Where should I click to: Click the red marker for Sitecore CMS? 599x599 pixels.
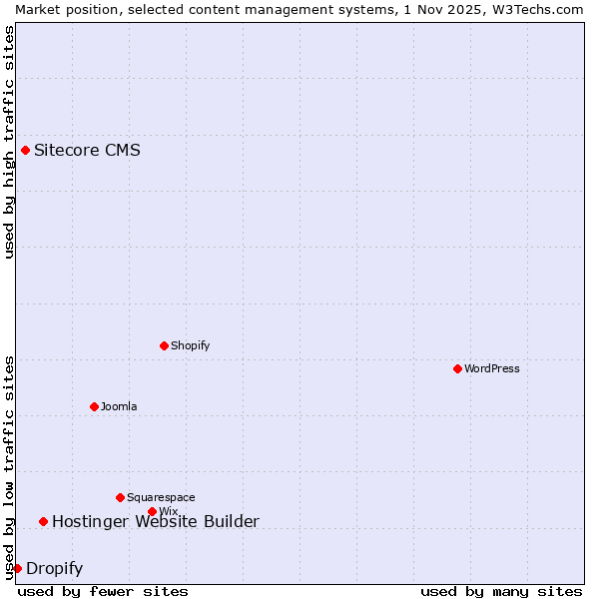coord(25,151)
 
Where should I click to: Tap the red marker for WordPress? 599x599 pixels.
coord(457,368)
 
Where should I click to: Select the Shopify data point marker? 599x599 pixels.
coord(164,345)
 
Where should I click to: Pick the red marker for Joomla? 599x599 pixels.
coord(94,406)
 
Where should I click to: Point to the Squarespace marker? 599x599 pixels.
coord(120,497)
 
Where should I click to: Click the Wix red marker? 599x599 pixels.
coord(152,511)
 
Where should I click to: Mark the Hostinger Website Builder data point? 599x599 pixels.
coord(43,521)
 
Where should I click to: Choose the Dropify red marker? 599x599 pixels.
coord(17,568)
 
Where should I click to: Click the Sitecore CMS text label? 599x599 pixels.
coord(87,151)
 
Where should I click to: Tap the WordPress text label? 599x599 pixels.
coord(492,368)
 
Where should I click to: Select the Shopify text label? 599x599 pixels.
coord(190,345)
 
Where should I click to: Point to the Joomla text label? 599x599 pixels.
coord(119,406)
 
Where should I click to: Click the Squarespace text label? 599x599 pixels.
coord(161,497)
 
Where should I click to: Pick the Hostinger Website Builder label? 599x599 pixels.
coord(155,521)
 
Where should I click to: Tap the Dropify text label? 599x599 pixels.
coord(54,569)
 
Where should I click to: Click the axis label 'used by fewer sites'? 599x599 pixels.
coord(103,591)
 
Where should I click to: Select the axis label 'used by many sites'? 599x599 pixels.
coord(501,591)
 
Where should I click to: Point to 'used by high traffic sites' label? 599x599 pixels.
coord(9,142)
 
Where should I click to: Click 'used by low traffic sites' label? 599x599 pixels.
coord(9,467)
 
